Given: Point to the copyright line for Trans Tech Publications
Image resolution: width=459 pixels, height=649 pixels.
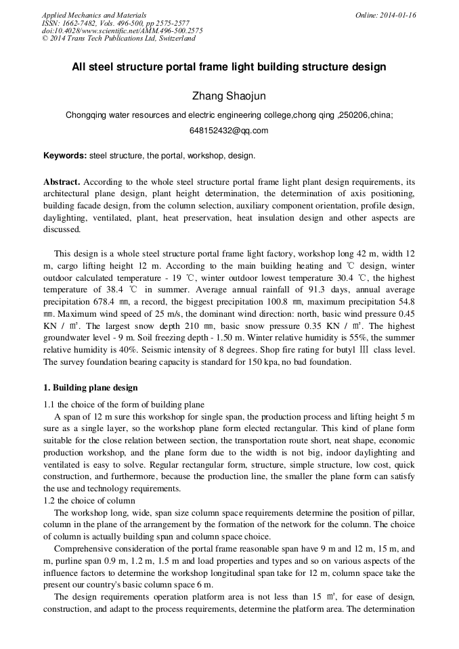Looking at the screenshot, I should pos(118,39).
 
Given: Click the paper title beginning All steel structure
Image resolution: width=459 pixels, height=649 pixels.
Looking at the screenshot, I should pos(229,67).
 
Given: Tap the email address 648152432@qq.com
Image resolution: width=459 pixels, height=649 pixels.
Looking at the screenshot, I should pos(229,131).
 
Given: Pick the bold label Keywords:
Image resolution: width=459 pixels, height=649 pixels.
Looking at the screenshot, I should pos(65,156).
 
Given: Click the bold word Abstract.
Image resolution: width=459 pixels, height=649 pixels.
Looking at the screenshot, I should pos(62,182).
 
